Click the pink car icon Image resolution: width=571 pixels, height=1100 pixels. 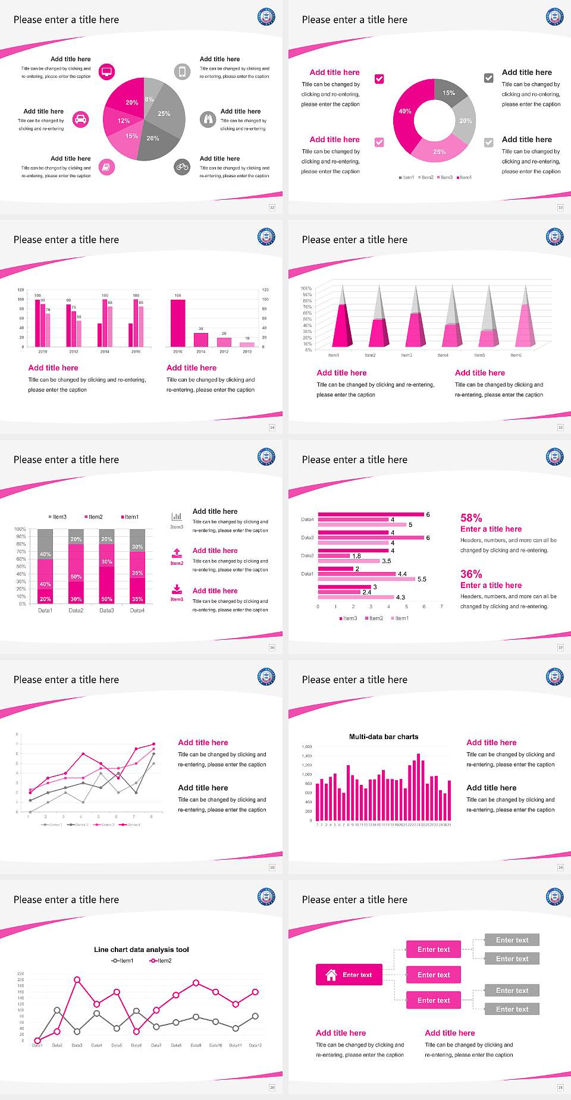(81, 120)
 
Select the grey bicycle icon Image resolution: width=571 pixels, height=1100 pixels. (182, 167)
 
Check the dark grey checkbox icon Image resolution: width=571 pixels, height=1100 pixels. (489, 78)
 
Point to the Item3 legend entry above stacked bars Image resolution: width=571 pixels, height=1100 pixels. (57, 517)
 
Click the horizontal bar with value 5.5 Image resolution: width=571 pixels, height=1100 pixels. (366, 579)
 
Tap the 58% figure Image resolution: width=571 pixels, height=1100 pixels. (471, 518)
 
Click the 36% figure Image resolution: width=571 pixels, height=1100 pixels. (471, 574)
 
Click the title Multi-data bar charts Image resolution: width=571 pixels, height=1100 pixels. (384, 737)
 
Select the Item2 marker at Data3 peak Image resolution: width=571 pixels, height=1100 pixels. (77, 979)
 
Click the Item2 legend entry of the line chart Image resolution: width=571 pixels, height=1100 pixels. (161, 960)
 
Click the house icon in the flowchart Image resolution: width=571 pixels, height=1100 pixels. (331, 975)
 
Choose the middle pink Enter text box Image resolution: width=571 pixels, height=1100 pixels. (434, 975)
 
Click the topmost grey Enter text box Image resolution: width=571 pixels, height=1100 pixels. (512, 940)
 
